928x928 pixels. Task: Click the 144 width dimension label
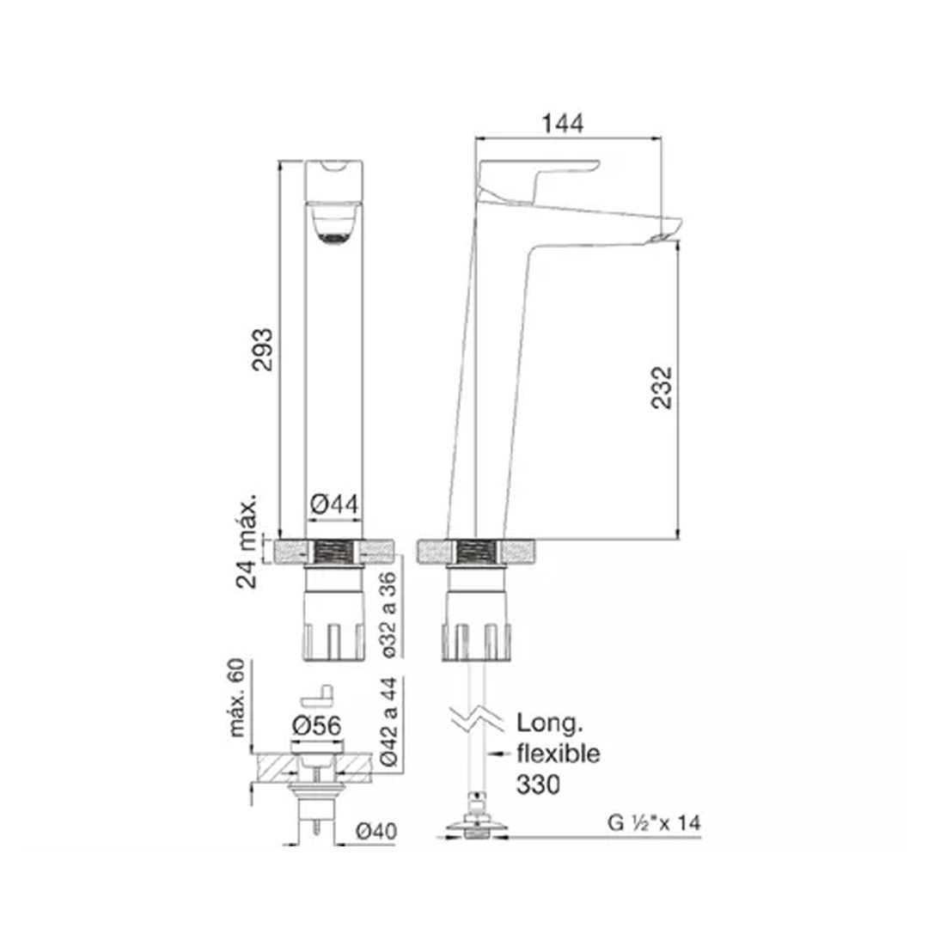coord(562,123)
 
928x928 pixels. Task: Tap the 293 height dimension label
coord(262,349)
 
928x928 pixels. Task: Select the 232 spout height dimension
coord(662,388)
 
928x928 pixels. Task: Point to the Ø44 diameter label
coord(333,504)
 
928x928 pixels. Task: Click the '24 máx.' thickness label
coord(247,540)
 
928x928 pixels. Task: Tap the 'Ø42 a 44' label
coord(388,722)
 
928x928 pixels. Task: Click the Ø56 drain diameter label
coord(316,725)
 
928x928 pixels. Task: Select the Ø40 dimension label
coord(375,832)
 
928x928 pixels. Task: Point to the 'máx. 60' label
coord(237,698)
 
